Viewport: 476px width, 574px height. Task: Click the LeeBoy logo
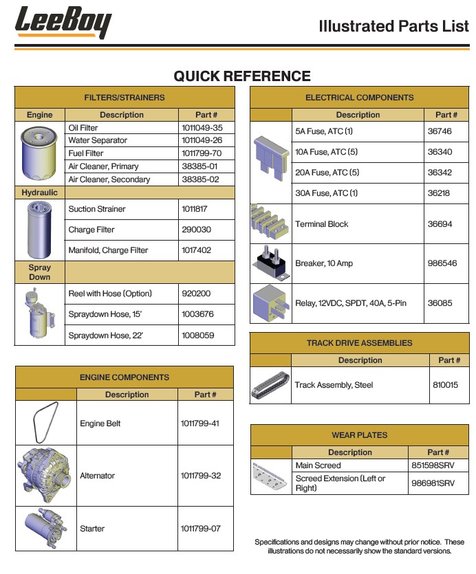coord(63,23)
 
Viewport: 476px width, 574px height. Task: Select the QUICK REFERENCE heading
coord(241,76)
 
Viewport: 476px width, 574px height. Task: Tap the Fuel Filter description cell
coord(86,153)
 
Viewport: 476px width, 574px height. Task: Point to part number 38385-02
coord(199,179)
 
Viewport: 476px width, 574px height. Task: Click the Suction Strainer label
coord(97,209)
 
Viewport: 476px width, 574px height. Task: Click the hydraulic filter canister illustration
coord(39,229)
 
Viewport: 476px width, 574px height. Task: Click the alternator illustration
coord(45,475)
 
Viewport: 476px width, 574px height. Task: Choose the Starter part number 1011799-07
coord(200,529)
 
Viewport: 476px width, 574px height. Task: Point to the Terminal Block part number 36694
coord(440,224)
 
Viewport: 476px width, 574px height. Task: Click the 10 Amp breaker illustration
coord(270,263)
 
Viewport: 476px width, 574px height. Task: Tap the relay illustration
coord(271,302)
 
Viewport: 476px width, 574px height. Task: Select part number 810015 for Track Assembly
coord(445,385)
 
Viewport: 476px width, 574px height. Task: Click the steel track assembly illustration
coord(271,385)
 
